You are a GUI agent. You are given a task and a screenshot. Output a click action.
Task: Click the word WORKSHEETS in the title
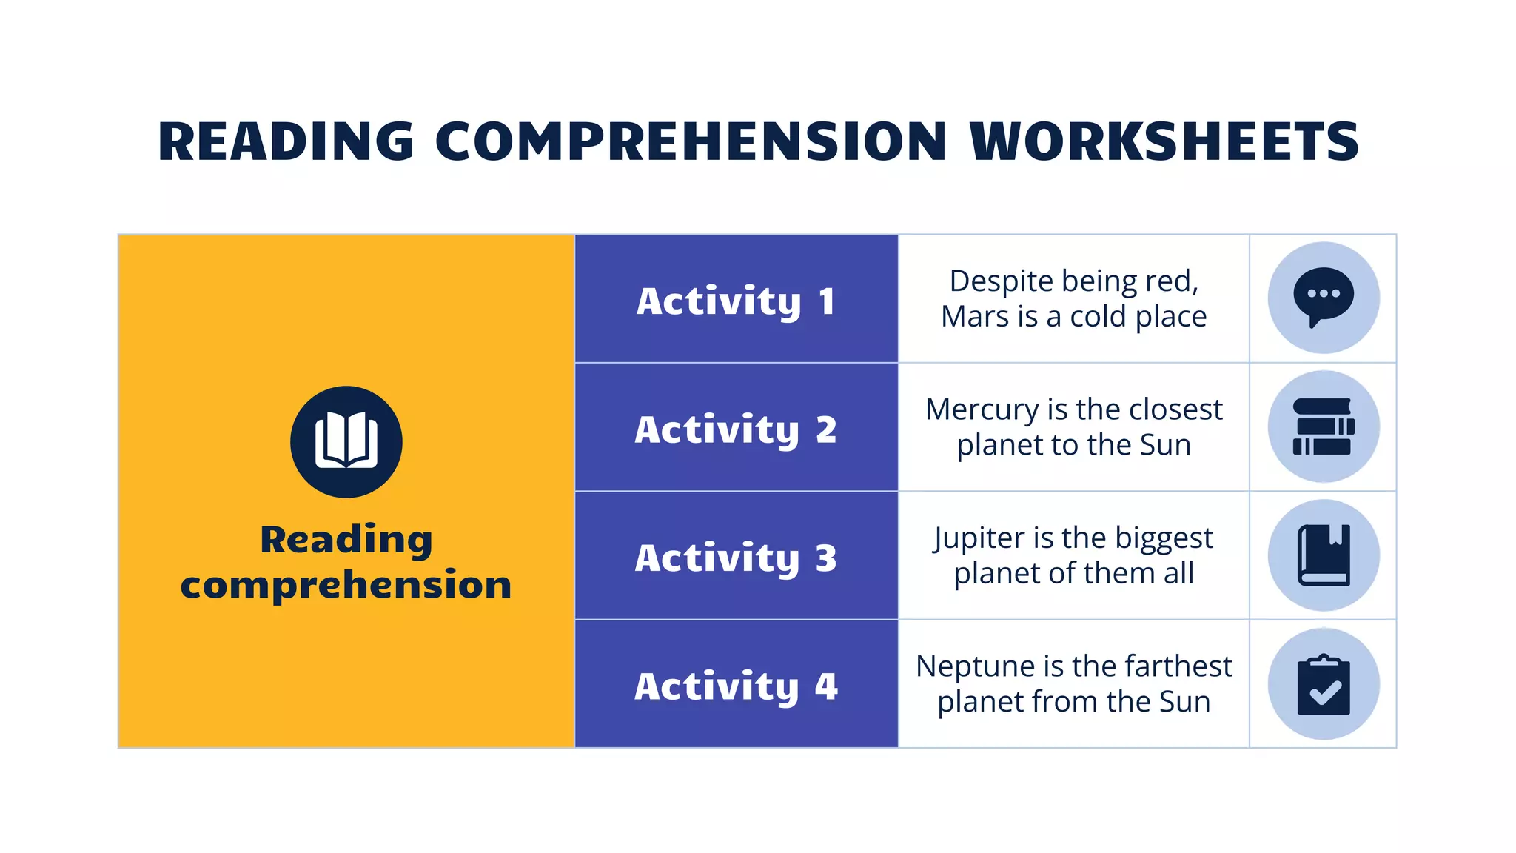tap(1164, 141)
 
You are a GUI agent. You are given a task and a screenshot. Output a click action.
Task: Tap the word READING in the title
tap(286, 141)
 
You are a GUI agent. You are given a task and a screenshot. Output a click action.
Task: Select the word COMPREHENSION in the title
tap(691, 141)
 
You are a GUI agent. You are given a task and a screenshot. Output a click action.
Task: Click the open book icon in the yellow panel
tap(346, 441)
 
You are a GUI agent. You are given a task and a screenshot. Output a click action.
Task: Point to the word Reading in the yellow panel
tap(346, 539)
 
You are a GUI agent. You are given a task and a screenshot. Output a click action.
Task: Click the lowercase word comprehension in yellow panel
tap(346, 585)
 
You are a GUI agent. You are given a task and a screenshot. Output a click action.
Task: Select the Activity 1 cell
tap(736, 300)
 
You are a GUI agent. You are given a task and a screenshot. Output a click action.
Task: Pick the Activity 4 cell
tap(736, 685)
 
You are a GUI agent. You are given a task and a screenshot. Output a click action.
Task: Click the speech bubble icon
tap(1323, 297)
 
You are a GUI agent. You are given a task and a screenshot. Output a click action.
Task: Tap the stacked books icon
tap(1323, 426)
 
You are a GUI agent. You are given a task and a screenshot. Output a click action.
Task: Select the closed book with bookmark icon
tap(1323, 555)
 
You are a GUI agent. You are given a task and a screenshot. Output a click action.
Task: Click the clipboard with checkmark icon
tap(1323, 684)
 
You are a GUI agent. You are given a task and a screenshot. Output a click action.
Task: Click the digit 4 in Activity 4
tap(826, 686)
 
